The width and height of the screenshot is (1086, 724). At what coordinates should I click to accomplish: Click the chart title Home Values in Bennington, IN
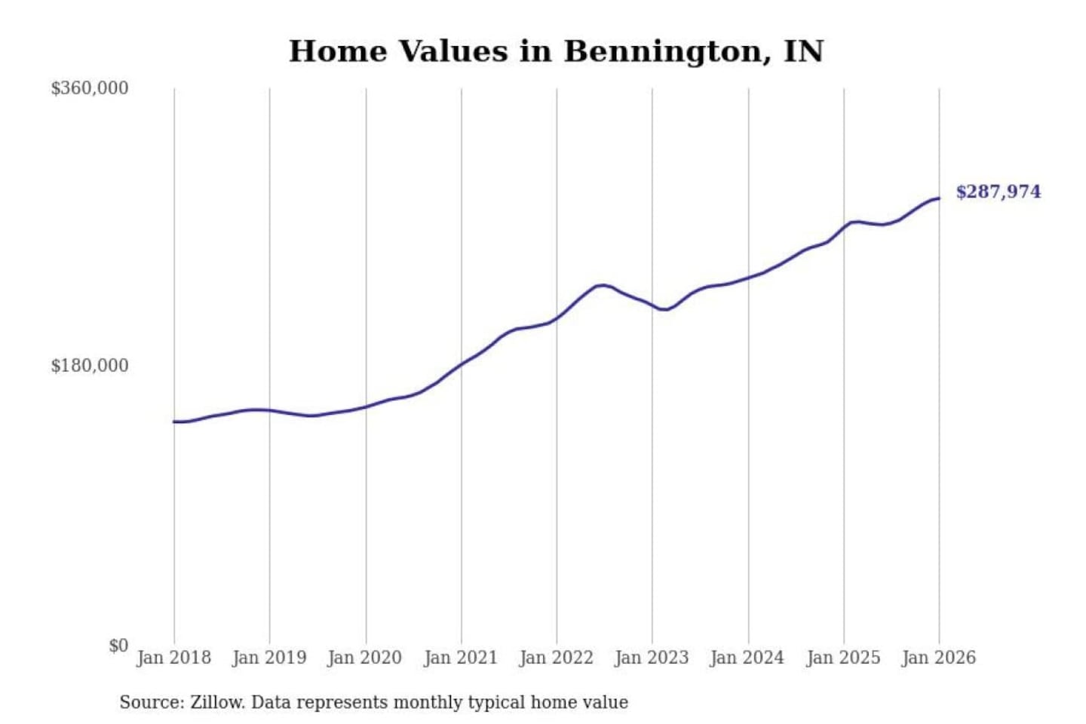(556, 51)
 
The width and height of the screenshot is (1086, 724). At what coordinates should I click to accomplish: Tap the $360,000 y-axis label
(90, 88)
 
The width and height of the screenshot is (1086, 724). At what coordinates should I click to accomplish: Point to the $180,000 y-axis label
(90, 366)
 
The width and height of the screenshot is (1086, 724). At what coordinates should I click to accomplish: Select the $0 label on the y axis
(118, 646)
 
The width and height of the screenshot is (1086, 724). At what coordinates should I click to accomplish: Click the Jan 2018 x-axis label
(173, 658)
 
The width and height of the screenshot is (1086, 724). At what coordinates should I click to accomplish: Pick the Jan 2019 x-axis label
(269, 658)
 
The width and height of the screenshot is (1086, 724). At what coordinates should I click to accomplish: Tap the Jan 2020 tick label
(365, 658)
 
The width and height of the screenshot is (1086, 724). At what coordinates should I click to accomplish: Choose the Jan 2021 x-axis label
(461, 658)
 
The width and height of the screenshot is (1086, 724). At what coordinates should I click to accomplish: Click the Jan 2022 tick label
(557, 658)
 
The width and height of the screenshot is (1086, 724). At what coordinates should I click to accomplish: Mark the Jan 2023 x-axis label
(652, 658)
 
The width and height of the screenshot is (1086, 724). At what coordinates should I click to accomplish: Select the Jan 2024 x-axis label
(747, 658)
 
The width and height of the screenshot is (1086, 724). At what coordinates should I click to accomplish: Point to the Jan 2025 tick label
(843, 658)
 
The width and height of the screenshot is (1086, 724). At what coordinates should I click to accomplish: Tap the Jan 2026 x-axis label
(939, 658)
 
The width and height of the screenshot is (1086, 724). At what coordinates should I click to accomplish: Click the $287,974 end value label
(998, 192)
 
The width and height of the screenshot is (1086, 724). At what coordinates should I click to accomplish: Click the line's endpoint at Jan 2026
(939, 198)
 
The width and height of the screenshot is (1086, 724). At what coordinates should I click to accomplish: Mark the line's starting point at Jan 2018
(174, 422)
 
